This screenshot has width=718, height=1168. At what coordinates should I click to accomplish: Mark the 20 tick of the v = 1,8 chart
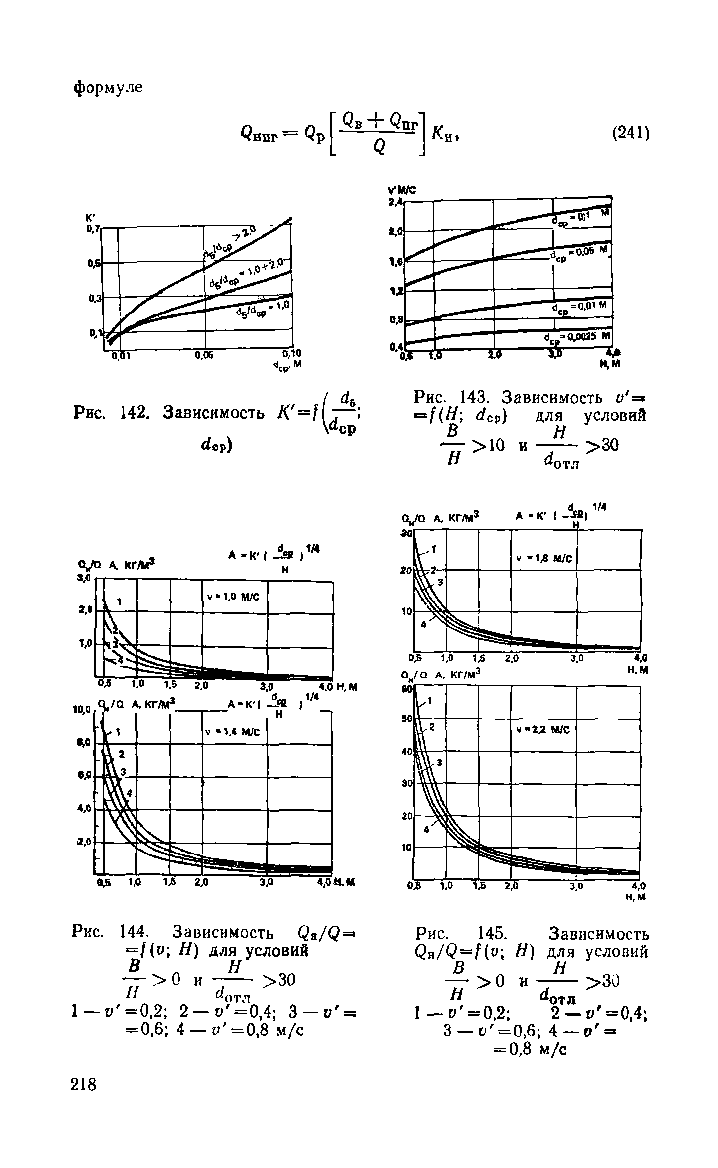click(x=407, y=571)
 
